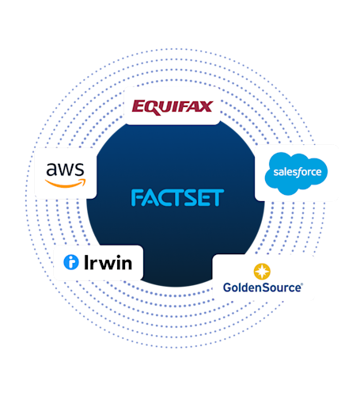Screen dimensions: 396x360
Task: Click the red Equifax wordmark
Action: [x=172, y=106]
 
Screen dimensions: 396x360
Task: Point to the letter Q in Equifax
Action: [x=150, y=107]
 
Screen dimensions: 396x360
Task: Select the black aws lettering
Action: [x=66, y=169]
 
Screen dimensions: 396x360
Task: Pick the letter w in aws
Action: [x=66, y=169]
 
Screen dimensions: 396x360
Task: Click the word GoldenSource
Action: [x=262, y=287]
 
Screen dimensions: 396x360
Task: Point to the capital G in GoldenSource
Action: [x=228, y=287]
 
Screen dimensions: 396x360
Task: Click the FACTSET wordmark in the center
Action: [x=177, y=198]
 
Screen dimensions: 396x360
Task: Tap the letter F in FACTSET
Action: [x=136, y=198]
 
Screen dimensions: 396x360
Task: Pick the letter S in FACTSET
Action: [x=190, y=198]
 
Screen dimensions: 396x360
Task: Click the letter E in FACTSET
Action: [x=203, y=198]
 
